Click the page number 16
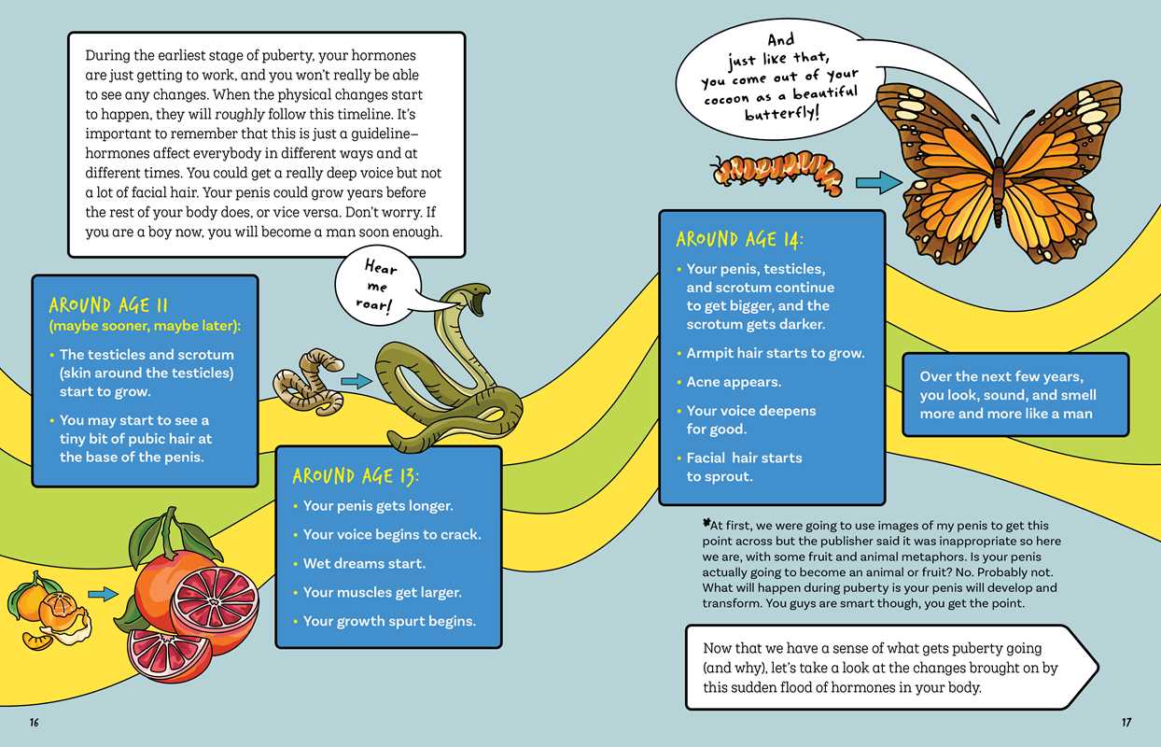click(x=35, y=722)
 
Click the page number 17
click(x=1126, y=722)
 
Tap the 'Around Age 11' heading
click(x=108, y=305)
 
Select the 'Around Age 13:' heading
click(x=356, y=476)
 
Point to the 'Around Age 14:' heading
click(x=739, y=239)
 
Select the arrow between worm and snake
click(x=357, y=382)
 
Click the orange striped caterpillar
click(x=776, y=173)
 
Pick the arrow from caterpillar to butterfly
click(x=878, y=183)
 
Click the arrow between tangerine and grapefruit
click(x=103, y=594)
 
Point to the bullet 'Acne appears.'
click(x=728, y=382)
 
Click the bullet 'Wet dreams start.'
click(x=358, y=563)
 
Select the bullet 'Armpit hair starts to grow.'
click(x=770, y=353)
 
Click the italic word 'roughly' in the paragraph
click(x=240, y=114)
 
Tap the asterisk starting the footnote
click(x=706, y=523)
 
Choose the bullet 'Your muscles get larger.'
click(x=377, y=593)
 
